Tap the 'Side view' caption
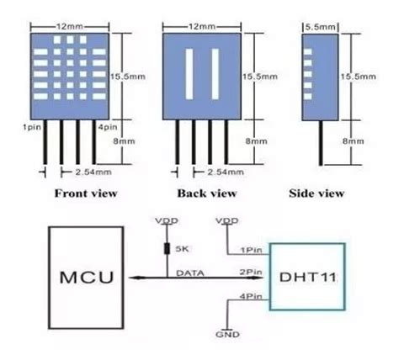[x=317, y=193]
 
